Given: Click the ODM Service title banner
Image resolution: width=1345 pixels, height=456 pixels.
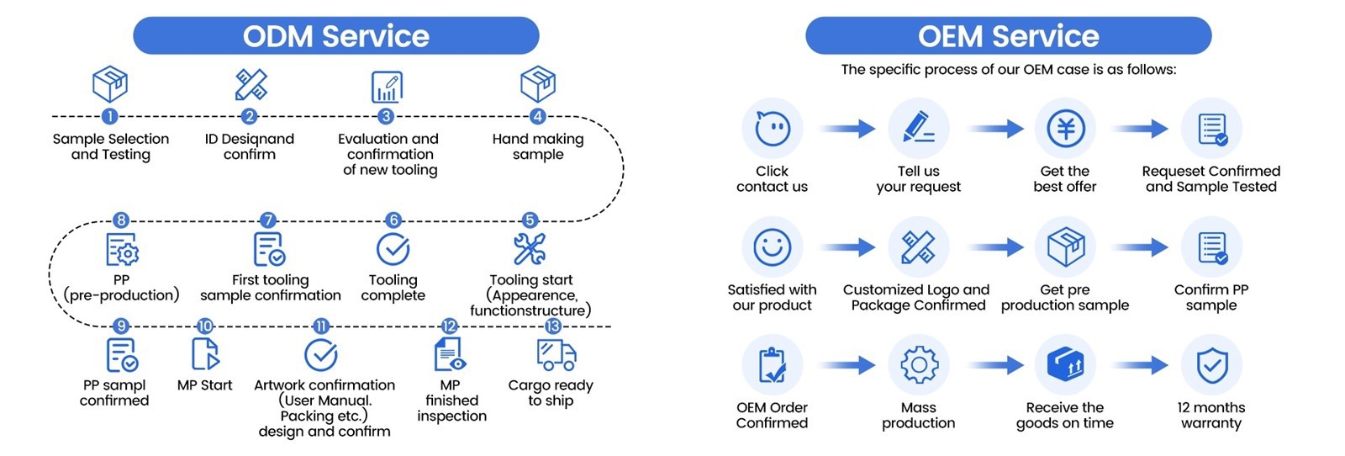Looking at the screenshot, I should pos(335,36).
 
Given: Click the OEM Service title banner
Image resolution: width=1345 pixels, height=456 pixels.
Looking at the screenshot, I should pos(1008,36).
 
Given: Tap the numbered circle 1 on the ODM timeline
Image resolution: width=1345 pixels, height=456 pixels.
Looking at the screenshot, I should pos(109,116).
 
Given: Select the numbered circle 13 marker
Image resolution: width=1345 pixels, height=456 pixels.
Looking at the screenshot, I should pos(552,326).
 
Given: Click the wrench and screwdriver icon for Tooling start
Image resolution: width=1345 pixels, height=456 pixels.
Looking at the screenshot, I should pos(530,249).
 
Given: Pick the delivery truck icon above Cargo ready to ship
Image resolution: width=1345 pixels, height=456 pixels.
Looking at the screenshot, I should pos(556,354).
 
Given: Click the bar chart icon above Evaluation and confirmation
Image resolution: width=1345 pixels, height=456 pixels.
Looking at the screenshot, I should pos(387,86).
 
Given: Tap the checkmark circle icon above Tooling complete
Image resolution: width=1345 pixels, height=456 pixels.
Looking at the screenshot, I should pos(393,249).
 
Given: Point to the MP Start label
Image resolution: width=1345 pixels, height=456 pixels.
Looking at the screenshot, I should pos(204,385).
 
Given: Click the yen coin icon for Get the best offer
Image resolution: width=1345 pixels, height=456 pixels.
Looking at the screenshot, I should pos(1065,129).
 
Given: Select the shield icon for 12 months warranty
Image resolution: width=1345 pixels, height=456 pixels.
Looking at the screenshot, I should pos(1211,365).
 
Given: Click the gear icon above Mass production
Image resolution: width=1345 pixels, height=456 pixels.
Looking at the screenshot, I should pos(918,365).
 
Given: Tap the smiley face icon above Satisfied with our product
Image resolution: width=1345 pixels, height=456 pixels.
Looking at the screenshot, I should pos(772,247).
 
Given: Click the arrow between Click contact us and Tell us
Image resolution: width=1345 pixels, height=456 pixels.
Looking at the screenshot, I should pos(847,129).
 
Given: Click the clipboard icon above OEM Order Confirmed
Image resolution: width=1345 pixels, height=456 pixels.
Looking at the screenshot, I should pos(772,365).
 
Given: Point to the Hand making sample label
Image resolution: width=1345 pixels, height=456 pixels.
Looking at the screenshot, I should pos(538,146).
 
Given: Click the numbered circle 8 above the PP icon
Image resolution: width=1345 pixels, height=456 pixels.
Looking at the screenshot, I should pos(122,220).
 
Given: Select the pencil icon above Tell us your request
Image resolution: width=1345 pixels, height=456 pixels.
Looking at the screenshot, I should pos(918,129).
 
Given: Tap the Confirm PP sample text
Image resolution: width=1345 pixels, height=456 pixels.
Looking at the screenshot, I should pos(1211,297).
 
